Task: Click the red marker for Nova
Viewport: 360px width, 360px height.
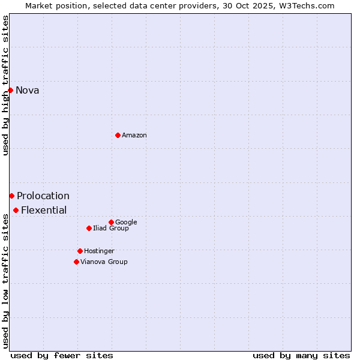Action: click(10, 90)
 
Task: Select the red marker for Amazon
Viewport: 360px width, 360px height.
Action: click(118, 135)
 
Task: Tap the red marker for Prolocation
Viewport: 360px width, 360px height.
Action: click(11, 196)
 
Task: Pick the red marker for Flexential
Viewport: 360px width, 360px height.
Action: click(16, 210)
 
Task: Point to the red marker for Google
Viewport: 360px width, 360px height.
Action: click(111, 222)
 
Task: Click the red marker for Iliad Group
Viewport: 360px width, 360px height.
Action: click(89, 228)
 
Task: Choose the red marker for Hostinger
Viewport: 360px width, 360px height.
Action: click(80, 251)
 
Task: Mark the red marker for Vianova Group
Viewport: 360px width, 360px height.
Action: click(76, 262)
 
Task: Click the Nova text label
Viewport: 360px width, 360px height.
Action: click(28, 91)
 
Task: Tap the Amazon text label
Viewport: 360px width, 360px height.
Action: click(134, 136)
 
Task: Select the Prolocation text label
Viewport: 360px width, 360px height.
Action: click(43, 196)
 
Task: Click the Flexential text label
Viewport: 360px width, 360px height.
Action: click(44, 211)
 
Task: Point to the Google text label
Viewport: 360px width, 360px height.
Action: click(126, 223)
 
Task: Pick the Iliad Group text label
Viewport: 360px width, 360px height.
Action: click(111, 229)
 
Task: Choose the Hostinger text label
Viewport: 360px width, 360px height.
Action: click(99, 251)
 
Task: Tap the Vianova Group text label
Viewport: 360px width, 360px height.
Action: click(104, 262)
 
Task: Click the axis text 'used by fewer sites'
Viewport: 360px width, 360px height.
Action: click(62, 356)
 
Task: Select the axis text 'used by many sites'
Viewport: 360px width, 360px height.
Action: click(301, 356)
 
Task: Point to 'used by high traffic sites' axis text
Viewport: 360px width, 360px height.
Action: click(6, 85)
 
